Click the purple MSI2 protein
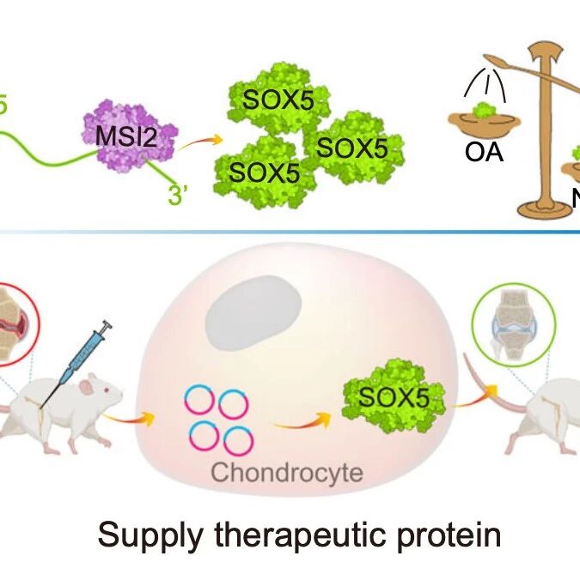click(130, 133)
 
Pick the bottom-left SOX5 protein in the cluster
click(261, 172)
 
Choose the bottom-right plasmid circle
click(238, 440)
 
